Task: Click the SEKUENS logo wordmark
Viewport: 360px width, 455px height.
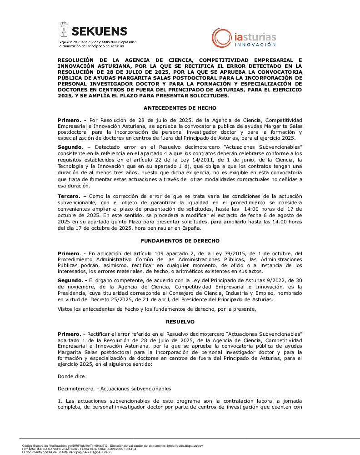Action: [100, 31]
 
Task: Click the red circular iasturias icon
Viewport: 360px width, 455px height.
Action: [221, 37]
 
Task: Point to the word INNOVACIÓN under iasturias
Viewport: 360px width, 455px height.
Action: [255, 45]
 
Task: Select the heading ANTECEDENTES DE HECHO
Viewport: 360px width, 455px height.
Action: [180, 108]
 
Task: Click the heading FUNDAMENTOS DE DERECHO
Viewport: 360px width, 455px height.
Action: [180, 240]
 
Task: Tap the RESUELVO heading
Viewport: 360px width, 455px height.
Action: [180, 321]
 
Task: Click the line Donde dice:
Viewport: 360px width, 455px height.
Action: [72, 376]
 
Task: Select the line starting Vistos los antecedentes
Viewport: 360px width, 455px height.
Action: [157, 309]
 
